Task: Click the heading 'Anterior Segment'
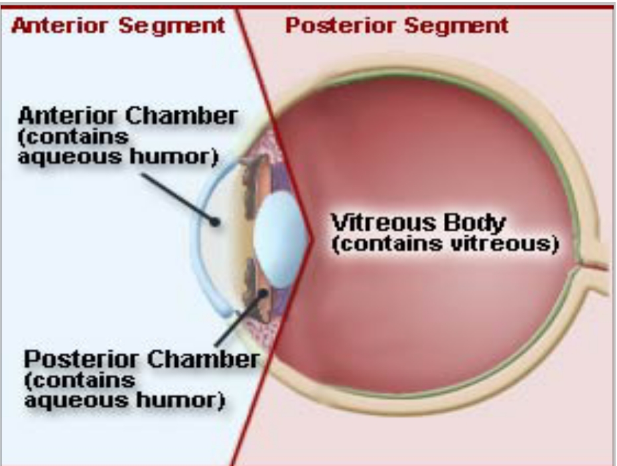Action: (119, 26)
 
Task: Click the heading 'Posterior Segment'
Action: (397, 26)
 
